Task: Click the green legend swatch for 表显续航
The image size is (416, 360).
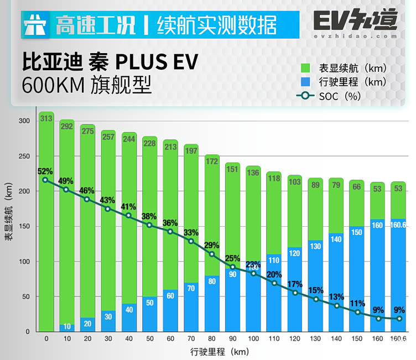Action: [305, 69]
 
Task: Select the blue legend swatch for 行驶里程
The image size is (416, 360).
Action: [305, 82]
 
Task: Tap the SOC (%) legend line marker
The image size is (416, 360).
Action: [305, 96]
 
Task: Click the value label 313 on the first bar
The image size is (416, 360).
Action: [46, 119]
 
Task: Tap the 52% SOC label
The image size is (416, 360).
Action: [45, 171]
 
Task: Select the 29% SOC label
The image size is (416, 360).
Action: [211, 245]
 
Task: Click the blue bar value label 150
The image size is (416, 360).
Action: [357, 232]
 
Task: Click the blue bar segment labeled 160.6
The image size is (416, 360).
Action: [399, 276]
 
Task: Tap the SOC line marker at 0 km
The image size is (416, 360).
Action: [45, 180]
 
